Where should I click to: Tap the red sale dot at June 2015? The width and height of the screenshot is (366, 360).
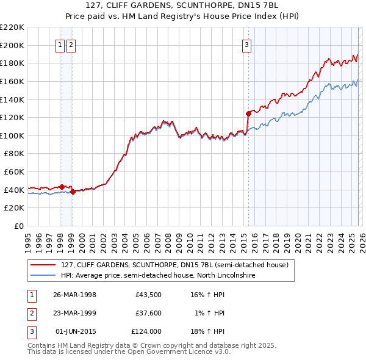(x=248, y=113)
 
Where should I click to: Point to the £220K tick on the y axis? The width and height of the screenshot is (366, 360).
(x=12, y=27)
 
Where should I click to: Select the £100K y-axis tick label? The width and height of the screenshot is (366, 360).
(x=12, y=135)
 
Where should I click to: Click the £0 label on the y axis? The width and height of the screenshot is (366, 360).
(x=19, y=226)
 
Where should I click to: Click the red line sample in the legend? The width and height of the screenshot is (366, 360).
(x=43, y=265)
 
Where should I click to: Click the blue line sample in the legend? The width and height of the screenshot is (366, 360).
(x=43, y=275)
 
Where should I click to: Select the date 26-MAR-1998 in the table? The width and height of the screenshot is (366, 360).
(x=74, y=294)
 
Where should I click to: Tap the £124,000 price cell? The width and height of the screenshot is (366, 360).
(x=146, y=332)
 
